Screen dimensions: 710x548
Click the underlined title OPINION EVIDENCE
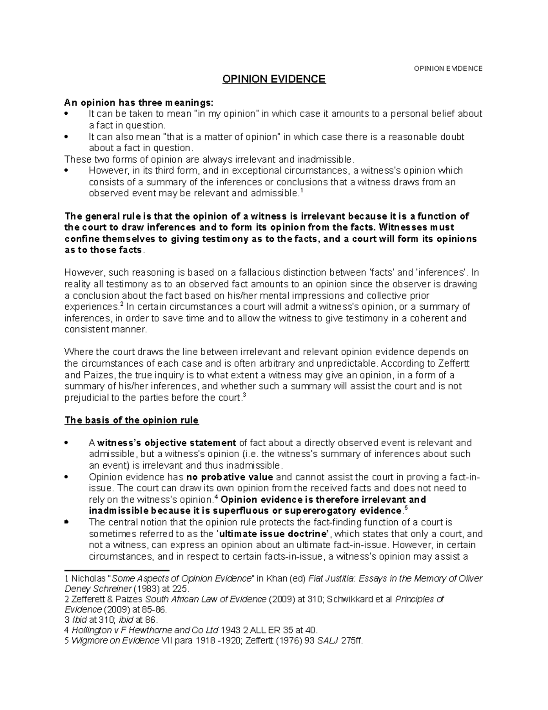274,80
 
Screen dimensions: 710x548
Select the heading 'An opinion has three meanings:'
138,102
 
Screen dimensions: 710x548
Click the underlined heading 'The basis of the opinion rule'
132,420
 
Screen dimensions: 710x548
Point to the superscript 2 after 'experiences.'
121,304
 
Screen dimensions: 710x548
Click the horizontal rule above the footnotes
117,570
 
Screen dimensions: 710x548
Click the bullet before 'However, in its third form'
67,171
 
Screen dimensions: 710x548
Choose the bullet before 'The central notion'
67,522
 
